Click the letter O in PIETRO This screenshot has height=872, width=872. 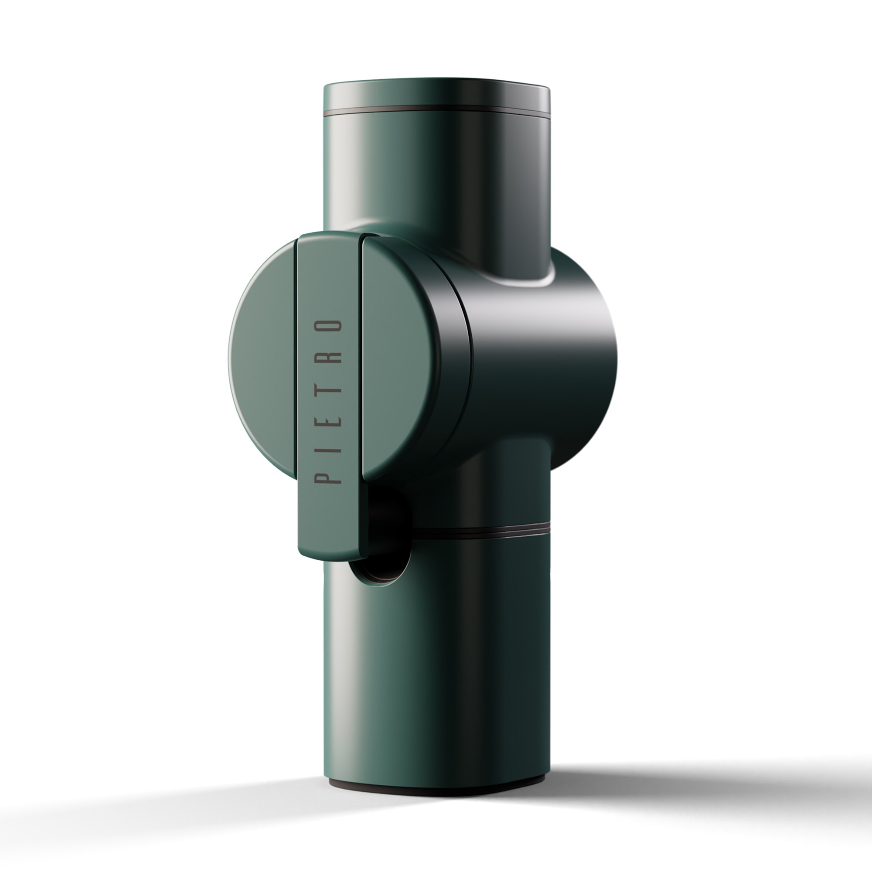[x=327, y=326]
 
